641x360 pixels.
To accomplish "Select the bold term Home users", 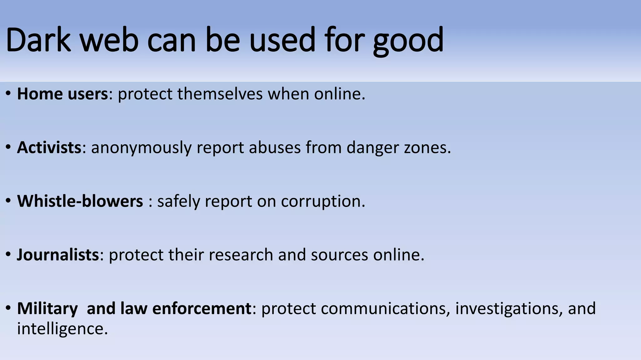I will (x=62, y=94).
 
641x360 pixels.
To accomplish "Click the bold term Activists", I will (x=49, y=147).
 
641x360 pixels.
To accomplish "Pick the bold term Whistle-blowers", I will (x=80, y=201).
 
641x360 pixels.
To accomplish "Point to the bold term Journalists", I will (x=58, y=255).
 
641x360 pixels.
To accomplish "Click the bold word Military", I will (x=47, y=308).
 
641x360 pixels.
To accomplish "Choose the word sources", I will (x=339, y=255).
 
